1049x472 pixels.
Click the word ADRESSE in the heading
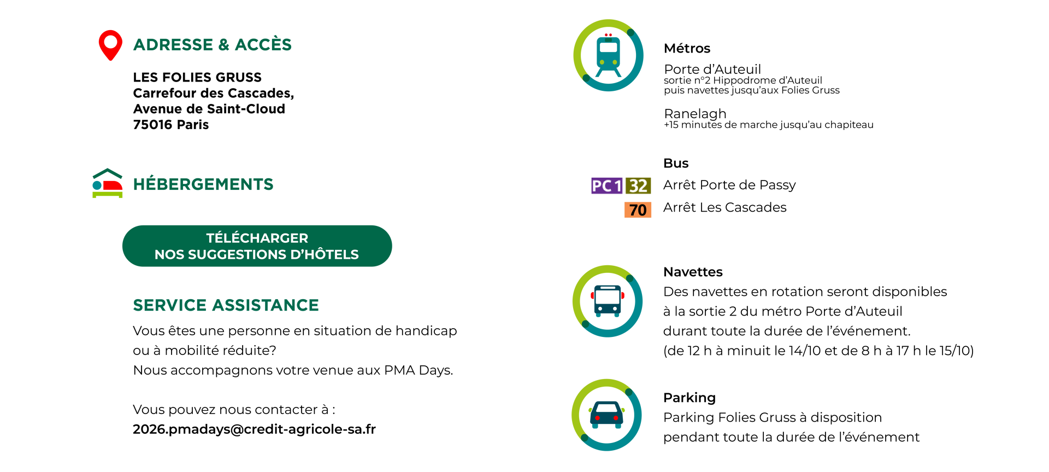coord(173,45)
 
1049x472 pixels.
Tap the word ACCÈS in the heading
coord(263,45)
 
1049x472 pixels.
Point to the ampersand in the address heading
coord(223,45)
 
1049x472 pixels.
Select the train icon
coord(608,55)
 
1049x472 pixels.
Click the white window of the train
coord(608,48)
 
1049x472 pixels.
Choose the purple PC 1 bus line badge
coord(607,186)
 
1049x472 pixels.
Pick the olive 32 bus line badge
coord(638,186)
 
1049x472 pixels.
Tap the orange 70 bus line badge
coord(638,210)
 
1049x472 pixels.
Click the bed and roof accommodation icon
coord(108,184)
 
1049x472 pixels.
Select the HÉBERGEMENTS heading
coord(203,185)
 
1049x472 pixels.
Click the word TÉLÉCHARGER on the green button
coord(257,238)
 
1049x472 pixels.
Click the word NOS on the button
coord(169,254)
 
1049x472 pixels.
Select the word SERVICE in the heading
coord(169,305)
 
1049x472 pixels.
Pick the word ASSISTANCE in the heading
coord(265,305)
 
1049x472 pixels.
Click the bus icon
coord(608,301)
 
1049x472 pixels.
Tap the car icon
coord(606,415)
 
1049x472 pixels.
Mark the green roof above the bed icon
coord(108,172)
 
